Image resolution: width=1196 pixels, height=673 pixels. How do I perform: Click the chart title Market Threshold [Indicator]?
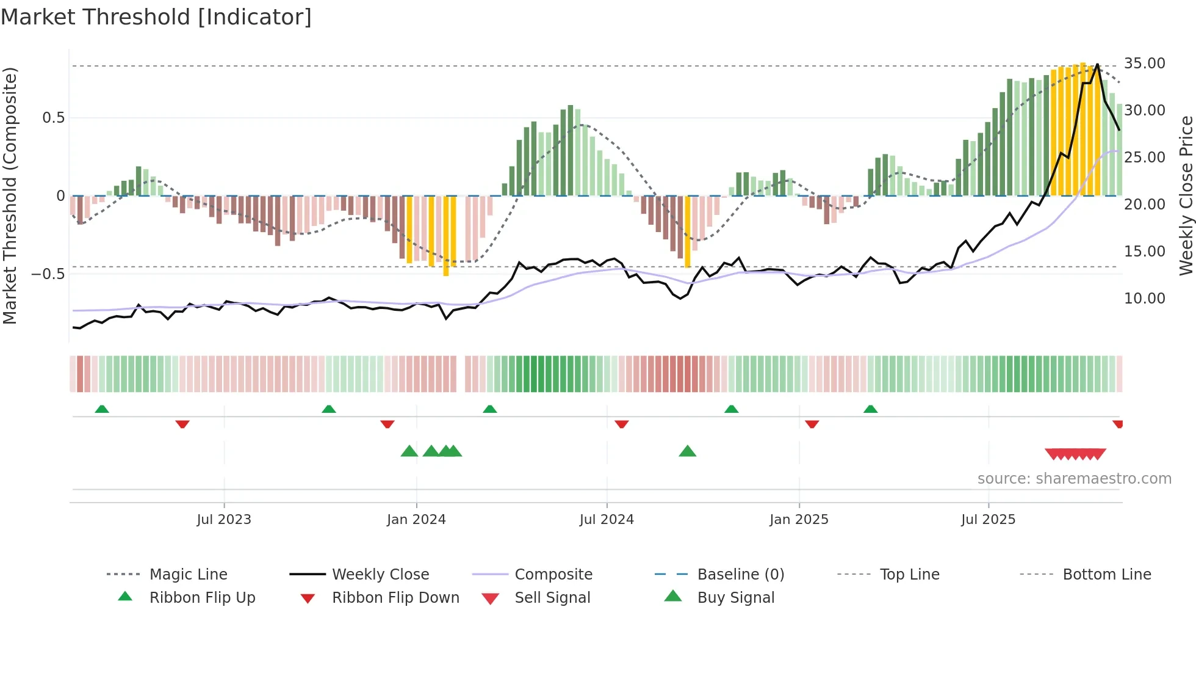(156, 17)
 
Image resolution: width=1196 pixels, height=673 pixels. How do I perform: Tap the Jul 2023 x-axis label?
(224, 519)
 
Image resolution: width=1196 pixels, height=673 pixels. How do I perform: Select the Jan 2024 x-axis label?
(416, 519)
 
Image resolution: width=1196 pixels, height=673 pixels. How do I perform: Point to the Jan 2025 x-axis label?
(799, 519)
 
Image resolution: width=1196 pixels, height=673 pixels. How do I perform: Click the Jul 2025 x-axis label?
(988, 519)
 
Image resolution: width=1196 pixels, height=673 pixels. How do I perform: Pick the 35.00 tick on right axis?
(1144, 64)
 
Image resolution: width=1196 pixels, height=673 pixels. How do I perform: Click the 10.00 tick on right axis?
(1144, 298)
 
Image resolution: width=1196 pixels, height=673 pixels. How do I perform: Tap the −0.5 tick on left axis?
(48, 274)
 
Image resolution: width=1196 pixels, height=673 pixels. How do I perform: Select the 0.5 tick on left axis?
(53, 117)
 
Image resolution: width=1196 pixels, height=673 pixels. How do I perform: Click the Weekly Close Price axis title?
(1186, 195)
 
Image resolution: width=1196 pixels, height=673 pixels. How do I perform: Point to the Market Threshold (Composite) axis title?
(10, 195)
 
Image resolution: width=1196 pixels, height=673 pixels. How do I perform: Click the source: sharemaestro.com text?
(1074, 478)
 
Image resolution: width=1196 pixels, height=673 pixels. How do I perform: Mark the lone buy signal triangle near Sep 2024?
(687, 451)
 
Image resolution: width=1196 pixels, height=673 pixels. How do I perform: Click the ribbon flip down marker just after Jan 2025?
(812, 424)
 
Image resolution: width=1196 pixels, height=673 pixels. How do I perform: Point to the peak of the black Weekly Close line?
(1097, 64)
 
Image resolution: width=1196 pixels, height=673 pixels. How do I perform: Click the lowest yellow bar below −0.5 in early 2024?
(446, 272)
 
